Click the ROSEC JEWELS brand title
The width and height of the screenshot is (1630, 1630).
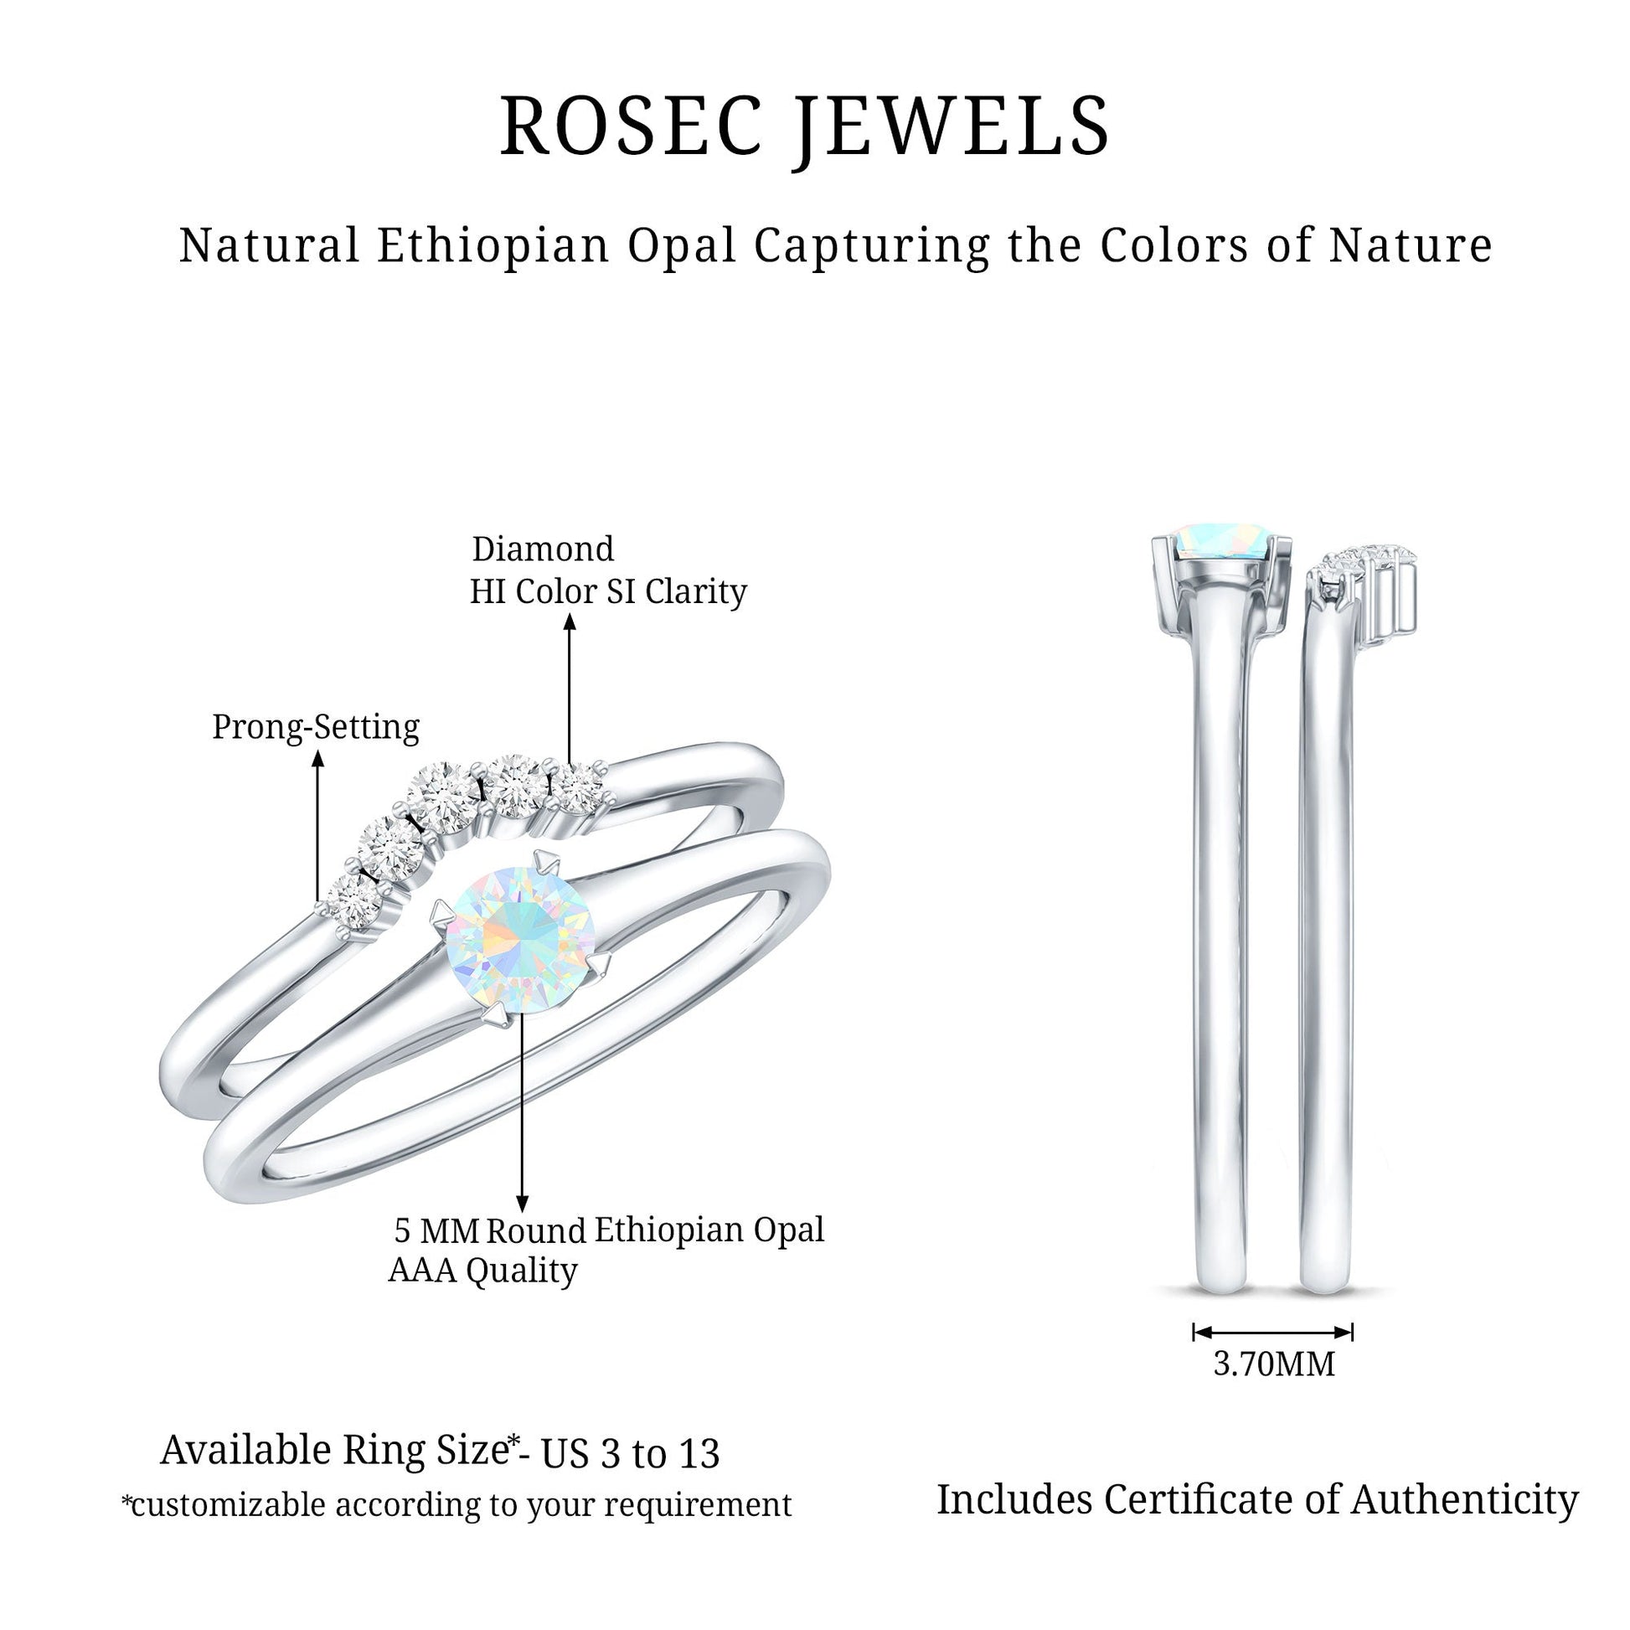[x=805, y=126]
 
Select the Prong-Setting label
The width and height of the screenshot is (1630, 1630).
[x=316, y=726]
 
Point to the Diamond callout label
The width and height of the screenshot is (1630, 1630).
[x=543, y=549]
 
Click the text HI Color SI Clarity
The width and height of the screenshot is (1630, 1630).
[x=608, y=591]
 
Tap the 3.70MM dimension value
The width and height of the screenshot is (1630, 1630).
[x=1274, y=1364]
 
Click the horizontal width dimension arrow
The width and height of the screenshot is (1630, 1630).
[x=1273, y=1332]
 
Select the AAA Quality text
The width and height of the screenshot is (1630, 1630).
[x=482, y=1270]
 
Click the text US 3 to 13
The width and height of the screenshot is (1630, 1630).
[x=630, y=1452]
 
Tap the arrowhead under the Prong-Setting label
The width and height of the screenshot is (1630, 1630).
[x=317, y=760]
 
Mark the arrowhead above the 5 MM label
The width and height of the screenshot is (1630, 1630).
[x=522, y=1204]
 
